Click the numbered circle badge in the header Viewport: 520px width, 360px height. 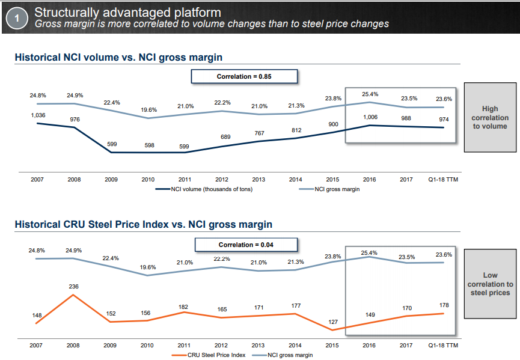point(17,18)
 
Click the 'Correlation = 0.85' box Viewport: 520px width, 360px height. point(245,76)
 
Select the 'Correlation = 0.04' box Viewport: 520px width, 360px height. point(246,245)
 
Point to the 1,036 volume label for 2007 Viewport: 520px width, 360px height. point(37,115)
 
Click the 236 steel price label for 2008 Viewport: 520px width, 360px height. point(74,287)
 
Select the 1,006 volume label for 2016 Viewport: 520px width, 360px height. point(370,117)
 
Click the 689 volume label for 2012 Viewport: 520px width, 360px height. point(222,137)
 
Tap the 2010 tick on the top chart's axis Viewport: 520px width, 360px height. point(148,179)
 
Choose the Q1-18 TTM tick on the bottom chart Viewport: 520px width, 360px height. point(444,346)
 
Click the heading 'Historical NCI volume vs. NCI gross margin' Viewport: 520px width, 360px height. point(118,57)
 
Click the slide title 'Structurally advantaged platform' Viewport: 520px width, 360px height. point(127,12)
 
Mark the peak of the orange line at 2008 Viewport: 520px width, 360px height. point(74,295)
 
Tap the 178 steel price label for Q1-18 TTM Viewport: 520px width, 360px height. point(444,305)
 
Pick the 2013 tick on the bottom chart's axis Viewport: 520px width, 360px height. point(258,346)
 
